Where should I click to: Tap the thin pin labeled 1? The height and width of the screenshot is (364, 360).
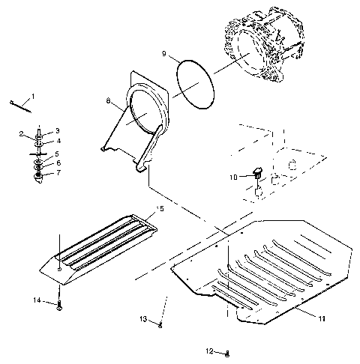coord(20,106)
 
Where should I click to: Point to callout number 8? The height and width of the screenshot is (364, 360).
coord(108,100)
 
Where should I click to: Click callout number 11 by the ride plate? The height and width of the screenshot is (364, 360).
coord(321,318)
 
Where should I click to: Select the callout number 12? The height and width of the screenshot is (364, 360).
coord(211,351)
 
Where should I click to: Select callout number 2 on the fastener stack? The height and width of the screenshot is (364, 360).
coord(22,134)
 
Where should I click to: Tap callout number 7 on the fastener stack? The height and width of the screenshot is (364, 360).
coord(58,172)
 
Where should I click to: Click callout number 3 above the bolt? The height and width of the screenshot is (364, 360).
coord(58,130)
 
